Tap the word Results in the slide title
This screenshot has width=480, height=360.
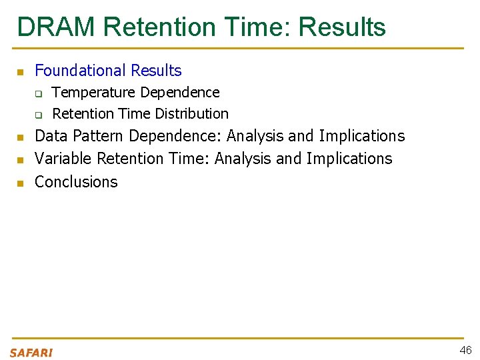pos(342,27)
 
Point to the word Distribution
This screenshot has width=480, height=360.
pos(193,113)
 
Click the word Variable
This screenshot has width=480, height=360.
pos(63,159)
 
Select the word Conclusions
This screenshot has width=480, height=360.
pos(76,181)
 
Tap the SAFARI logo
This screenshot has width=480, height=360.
pos(31,353)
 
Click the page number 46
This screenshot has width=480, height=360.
pos(465,351)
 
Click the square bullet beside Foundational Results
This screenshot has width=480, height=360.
pos(20,72)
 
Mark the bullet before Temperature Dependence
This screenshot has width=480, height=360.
pos(39,93)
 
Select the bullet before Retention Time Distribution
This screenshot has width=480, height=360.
pos(39,115)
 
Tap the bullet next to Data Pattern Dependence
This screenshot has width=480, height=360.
pos(20,137)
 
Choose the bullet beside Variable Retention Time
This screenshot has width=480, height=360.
pos(20,160)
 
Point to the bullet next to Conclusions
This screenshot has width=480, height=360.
pos(20,183)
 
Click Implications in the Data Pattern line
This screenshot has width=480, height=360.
pos(361,136)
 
